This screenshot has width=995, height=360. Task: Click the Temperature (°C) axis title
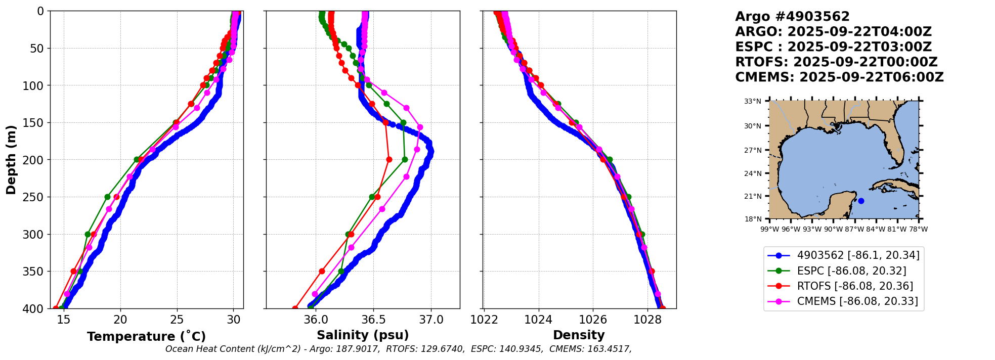click(x=146, y=336)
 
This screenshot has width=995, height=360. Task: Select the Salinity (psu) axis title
click(x=363, y=335)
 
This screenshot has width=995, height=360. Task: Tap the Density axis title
click(x=579, y=335)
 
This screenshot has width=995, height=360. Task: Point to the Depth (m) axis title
click(x=11, y=159)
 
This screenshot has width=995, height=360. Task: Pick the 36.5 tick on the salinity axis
click(x=373, y=320)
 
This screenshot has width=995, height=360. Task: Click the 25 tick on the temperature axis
click(x=177, y=320)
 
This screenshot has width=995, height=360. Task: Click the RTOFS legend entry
click(x=855, y=286)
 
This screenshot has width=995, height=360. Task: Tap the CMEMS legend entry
click(x=857, y=302)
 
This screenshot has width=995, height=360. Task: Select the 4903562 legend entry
click(x=858, y=255)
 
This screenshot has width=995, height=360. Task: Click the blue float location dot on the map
click(x=861, y=201)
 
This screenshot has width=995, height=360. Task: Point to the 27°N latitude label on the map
click(x=752, y=150)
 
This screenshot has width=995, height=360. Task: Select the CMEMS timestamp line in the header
click(x=839, y=77)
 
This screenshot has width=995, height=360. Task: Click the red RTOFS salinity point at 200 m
click(x=389, y=159)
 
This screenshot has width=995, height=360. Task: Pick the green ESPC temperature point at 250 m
click(x=107, y=197)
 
